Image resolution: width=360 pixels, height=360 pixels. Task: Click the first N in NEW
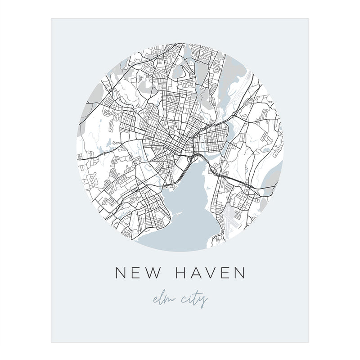[x=121, y=274]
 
